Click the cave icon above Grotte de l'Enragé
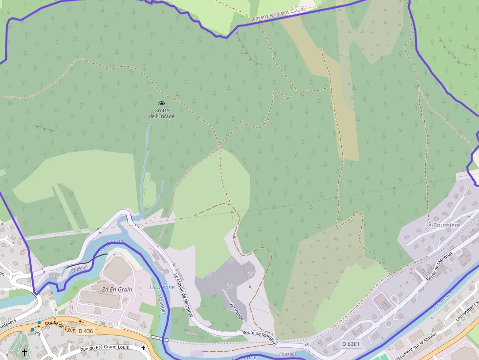[161, 103]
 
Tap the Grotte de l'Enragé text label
[161, 113]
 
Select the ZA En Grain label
[117, 289]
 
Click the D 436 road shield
[86, 331]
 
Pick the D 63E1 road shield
[350, 344]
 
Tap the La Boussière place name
[443, 225]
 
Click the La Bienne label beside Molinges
[162, 287]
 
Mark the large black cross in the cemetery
[24, 352]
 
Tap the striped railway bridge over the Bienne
[159, 338]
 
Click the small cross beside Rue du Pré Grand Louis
[143, 347]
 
